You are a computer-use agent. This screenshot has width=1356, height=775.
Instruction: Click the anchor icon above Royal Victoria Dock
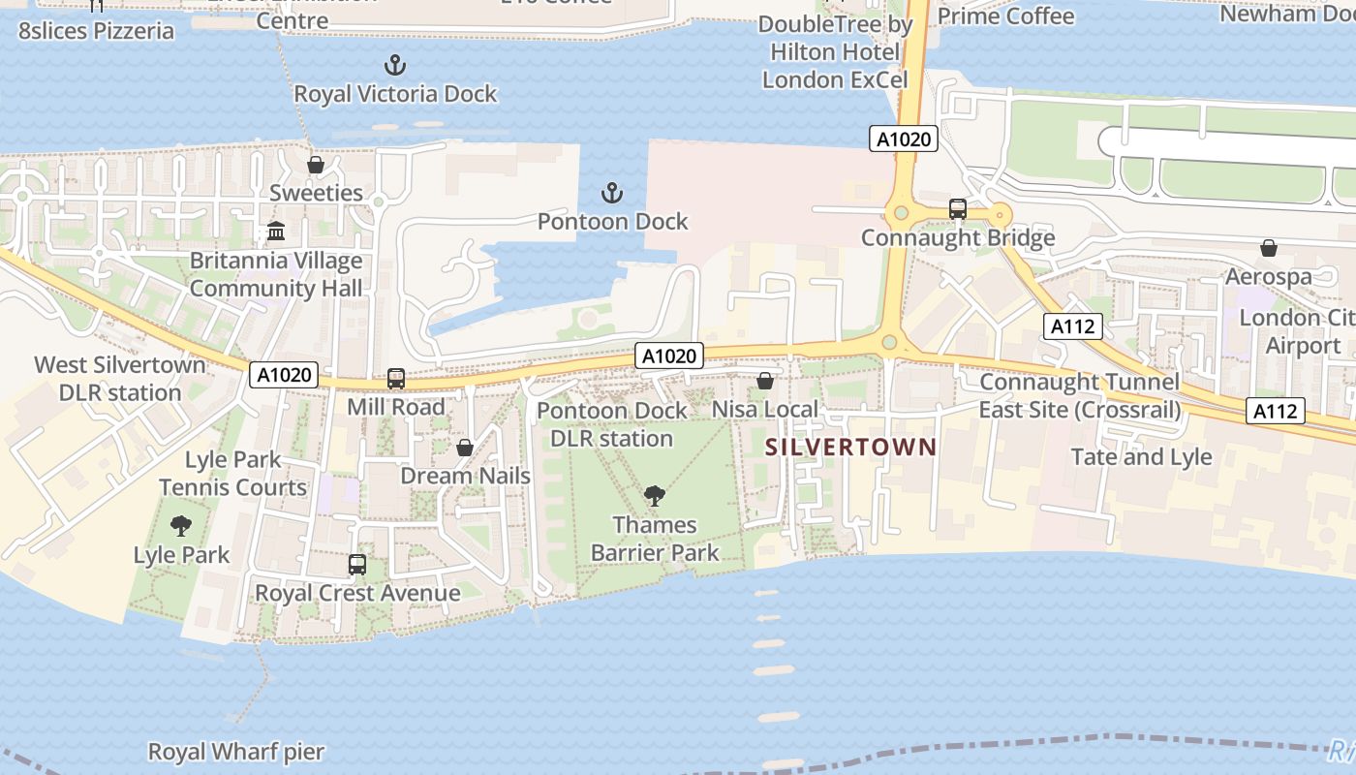(x=394, y=66)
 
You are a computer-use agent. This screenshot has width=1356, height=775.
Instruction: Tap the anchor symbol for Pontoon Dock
(x=611, y=193)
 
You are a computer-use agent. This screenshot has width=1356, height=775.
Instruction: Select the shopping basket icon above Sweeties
(x=315, y=165)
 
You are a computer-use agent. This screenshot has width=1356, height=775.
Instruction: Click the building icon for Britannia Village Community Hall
(x=276, y=232)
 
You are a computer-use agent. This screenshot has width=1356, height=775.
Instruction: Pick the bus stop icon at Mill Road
(x=395, y=378)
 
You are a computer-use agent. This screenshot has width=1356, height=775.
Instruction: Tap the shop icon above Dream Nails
(x=465, y=448)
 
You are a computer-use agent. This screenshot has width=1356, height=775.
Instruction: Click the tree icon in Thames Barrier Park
(x=655, y=497)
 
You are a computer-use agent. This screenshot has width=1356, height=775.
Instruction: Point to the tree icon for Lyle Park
(x=181, y=526)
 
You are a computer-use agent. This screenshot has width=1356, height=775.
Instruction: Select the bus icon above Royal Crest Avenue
(x=357, y=564)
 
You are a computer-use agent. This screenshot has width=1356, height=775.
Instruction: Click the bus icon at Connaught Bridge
(x=958, y=208)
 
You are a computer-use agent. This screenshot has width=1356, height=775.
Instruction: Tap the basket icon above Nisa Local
(x=765, y=381)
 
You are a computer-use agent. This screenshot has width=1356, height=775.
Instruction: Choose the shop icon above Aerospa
(x=1269, y=248)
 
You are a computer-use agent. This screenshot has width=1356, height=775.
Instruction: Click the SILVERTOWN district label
(x=851, y=447)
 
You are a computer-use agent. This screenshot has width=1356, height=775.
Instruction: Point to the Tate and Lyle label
(x=1141, y=456)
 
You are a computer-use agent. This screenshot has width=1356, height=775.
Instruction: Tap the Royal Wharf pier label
(x=235, y=752)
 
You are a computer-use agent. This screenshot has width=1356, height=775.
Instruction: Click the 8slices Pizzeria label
(x=97, y=30)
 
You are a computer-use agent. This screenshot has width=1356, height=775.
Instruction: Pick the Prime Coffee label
(x=1005, y=16)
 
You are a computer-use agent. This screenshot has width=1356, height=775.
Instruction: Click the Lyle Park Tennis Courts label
(x=232, y=473)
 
